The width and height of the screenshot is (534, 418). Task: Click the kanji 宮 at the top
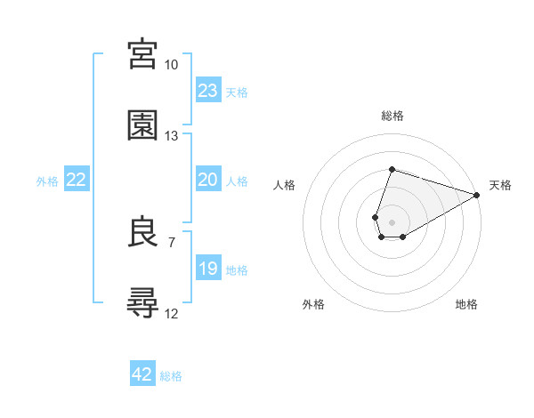(143, 54)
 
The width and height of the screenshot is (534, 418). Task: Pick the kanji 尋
(143, 303)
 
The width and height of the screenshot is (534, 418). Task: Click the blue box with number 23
(208, 90)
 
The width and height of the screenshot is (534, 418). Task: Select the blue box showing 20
(208, 180)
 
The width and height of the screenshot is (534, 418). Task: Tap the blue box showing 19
(208, 268)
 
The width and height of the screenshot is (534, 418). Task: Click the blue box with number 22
(77, 180)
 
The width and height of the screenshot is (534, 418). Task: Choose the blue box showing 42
(142, 374)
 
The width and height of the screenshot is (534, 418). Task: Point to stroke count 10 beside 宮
(171, 65)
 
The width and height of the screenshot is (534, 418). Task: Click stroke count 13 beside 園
(171, 136)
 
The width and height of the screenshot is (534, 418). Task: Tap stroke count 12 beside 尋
(171, 314)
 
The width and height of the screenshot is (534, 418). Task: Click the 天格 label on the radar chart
(500, 185)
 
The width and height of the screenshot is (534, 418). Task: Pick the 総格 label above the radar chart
(392, 116)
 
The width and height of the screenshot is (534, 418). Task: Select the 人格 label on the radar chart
(285, 185)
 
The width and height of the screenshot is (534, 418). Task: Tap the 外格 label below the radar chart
(313, 304)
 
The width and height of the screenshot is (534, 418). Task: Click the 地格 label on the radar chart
(466, 304)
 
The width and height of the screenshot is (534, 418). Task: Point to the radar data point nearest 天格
(477, 197)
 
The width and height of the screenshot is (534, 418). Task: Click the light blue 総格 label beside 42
(171, 376)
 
